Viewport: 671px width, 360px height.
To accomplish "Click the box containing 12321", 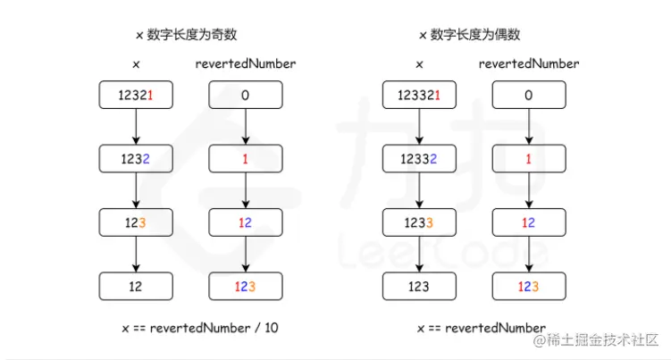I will pos(135,95).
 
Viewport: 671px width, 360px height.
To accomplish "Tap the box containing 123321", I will pos(418,95).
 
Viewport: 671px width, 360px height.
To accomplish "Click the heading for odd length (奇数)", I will pos(185,35).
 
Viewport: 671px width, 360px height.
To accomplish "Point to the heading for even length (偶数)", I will pos(469,35).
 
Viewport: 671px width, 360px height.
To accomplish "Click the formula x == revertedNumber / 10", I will pos(200,328).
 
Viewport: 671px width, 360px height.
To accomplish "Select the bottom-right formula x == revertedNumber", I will pos(482,328).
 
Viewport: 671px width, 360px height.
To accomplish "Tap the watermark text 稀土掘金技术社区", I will pos(604,340).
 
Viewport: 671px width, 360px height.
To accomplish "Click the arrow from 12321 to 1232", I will pos(135,127).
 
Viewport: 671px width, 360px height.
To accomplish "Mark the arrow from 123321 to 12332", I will pos(418,127).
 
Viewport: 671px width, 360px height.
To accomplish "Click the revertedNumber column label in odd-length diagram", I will pos(246,64).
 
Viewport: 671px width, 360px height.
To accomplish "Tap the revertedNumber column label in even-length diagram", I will pos(529,64).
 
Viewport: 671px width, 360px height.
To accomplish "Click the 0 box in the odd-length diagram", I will pos(246,95).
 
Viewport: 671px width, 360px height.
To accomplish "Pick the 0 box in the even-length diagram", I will pos(529,95).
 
